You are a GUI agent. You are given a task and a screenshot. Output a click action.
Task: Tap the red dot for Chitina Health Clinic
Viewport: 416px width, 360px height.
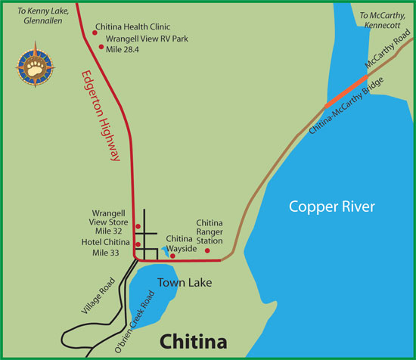coord(95,32)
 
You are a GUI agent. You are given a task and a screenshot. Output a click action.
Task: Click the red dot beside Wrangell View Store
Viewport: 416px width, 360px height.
coord(138,227)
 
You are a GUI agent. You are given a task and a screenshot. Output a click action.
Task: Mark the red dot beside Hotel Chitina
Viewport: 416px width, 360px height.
coord(138,244)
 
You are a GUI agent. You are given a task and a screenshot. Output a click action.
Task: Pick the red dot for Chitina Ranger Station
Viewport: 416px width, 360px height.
coord(207,250)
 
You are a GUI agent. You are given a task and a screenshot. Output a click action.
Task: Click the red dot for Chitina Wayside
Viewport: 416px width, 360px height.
coord(172,256)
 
